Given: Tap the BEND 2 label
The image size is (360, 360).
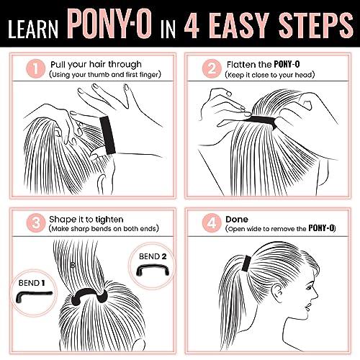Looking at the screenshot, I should pos(154,255).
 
